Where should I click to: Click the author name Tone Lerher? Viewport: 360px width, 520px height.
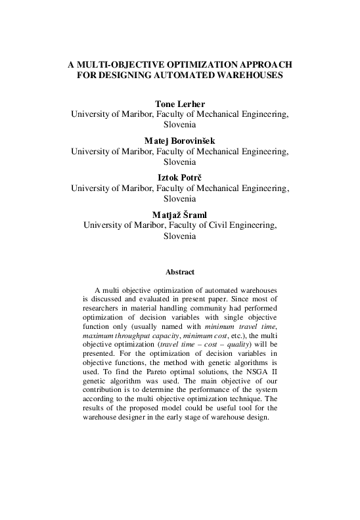tap(179, 104)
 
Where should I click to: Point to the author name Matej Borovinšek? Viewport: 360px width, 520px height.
tap(179, 140)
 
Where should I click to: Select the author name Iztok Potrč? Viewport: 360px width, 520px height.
tap(179, 177)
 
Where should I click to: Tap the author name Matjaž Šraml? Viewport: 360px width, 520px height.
tap(179, 213)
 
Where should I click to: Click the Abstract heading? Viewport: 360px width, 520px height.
tap(179, 272)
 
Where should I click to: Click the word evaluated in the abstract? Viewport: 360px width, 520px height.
tap(150, 299)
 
